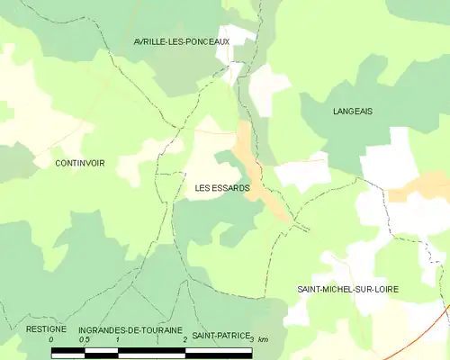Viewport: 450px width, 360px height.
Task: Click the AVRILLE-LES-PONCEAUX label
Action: click(x=181, y=41)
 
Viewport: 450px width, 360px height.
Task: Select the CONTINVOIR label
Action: click(x=79, y=163)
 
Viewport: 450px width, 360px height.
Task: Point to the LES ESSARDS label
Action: click(x=222, y=188)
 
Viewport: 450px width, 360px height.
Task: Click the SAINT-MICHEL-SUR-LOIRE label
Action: click(x=347, y=289)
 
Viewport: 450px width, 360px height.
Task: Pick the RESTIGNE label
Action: click(x=46, y=330)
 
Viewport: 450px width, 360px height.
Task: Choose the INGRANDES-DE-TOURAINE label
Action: click(x=130, y=330)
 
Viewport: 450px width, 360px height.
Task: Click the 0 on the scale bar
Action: click(x=52, y=340)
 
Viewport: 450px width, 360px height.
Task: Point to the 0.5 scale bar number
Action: click(x=84, y=340)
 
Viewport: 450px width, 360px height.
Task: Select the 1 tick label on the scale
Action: click(x=118, y=340)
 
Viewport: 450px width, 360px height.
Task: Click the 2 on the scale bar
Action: click(x=184, y=340)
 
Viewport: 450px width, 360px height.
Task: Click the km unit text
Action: click(x=263, y=339)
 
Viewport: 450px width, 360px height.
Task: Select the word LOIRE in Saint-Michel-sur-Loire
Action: click(x=384, y=289)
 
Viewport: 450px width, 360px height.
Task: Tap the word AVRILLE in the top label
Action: click(x=149, y=41)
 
